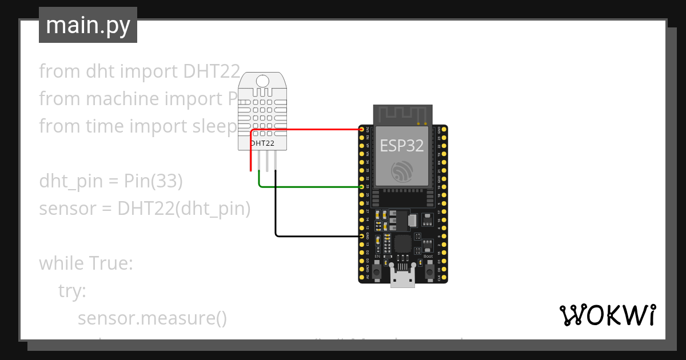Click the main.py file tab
pos(87,25)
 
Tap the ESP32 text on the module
pos(402,146)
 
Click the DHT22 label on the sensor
pos(263,142)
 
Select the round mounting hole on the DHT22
pos(263,81)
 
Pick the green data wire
pos(309,187)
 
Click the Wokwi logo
pos(607,315)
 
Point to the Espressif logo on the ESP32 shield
pos(402,172)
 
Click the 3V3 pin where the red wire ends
pos(362,130)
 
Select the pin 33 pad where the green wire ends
pos(362,187)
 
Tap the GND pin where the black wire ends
pos(362,235)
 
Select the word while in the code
pos(62,263)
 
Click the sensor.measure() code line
pos(152,318)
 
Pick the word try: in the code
pos(72,291)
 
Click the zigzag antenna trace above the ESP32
pos(402,114)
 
